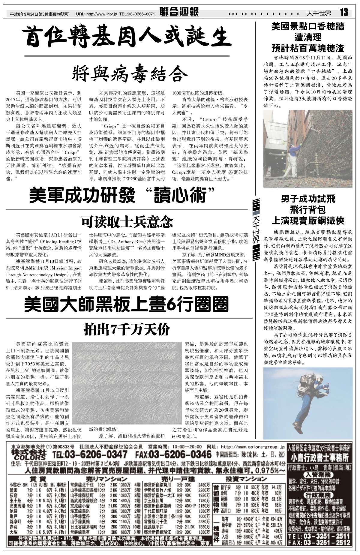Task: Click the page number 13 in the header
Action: (x=344, y=13)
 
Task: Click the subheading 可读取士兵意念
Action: (x=127, y=221)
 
